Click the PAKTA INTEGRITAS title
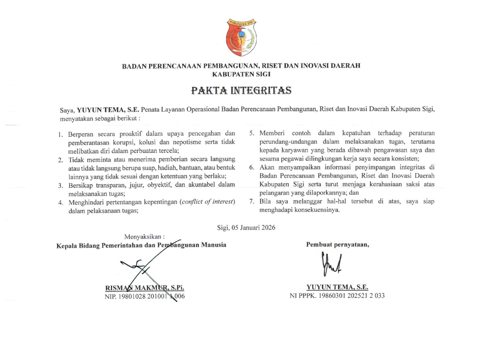(241, 90)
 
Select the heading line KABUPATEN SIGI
(241, 74)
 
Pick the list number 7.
(251, 202)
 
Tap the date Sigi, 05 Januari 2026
(246, 228)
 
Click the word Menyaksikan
(144, 236)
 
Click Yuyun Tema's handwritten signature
(331, 263)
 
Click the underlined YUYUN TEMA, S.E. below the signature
(338, 287)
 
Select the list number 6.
(251, 168)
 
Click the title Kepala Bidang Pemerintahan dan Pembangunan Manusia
(141, 245)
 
